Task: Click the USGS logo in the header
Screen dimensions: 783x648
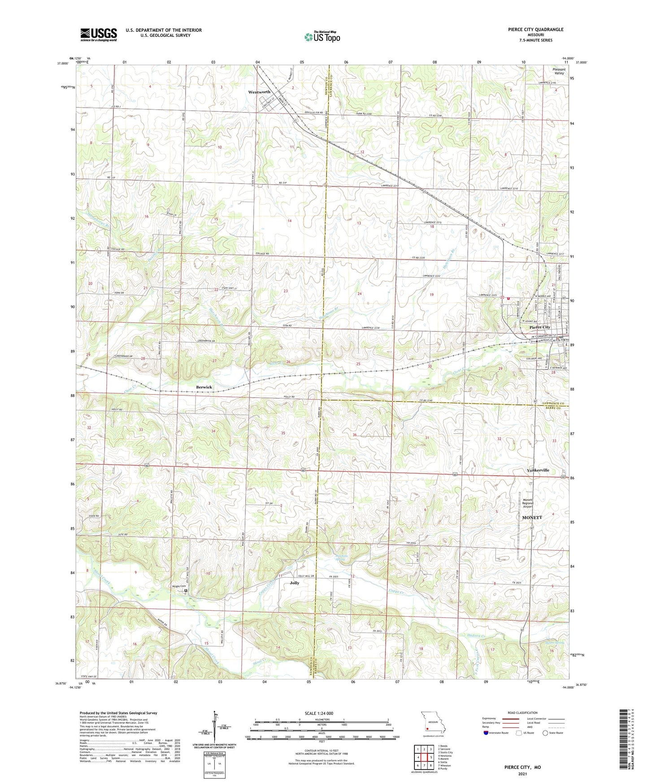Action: (x=99, y=35)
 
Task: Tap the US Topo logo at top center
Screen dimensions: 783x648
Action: (x=322, y=37)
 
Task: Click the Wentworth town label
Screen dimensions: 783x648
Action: (x=259, y=92)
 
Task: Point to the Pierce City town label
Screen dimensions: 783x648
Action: (x=539, y=327)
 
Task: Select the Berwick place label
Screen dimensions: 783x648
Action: (x=204, y=387)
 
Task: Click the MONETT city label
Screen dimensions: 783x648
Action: (x=532, y=518)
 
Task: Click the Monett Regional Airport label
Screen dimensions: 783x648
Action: (x=528, y=504)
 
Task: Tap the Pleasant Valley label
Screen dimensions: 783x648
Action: (x=558, y=71)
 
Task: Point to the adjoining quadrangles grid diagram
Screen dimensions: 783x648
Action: (x=424, y=758)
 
